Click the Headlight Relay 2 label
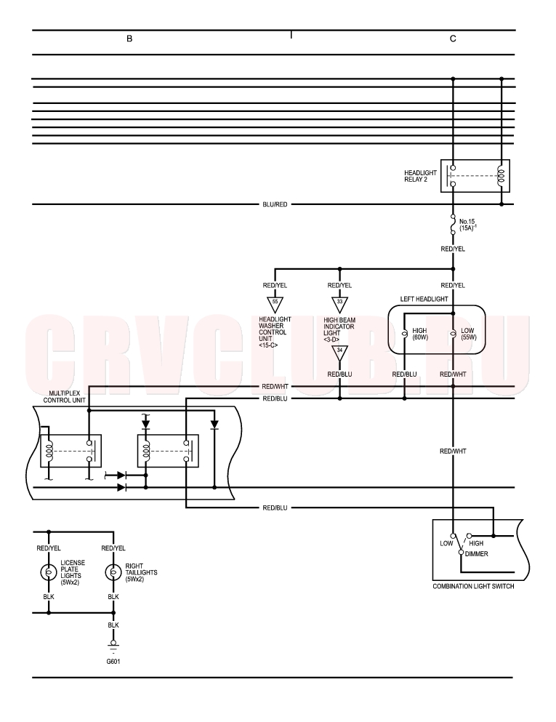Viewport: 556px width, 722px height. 420,176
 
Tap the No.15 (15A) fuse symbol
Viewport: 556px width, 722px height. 453,225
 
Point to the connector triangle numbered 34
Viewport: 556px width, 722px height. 339,353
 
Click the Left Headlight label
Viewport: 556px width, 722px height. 424,299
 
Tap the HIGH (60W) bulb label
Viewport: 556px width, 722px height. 420,334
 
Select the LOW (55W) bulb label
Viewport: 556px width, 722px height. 469,334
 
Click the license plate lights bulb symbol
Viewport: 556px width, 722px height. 48,572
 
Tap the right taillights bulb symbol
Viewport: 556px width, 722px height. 113,572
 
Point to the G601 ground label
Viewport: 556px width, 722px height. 113,662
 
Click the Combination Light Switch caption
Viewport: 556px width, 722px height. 473,586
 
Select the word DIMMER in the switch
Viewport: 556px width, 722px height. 476,554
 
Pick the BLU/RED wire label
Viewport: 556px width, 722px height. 275,204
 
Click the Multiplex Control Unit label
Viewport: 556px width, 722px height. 65,397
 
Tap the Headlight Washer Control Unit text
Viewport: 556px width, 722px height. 275,332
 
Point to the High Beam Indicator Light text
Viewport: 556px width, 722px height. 339,329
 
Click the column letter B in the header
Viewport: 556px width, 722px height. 129,39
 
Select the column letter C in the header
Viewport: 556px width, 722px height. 453,39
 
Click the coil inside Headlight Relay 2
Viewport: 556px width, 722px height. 501,176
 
